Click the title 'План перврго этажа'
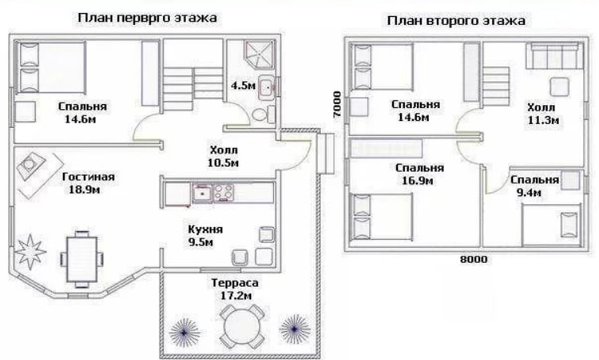[x=147, y=17]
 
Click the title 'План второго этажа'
[x=456, y=22]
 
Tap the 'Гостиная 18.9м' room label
[x=88, y=183]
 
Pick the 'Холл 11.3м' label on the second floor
[x=541, y=114]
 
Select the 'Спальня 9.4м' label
[x=533, y=186]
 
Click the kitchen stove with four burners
[x=223, y=193]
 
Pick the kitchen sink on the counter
[x=201, y=193]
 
